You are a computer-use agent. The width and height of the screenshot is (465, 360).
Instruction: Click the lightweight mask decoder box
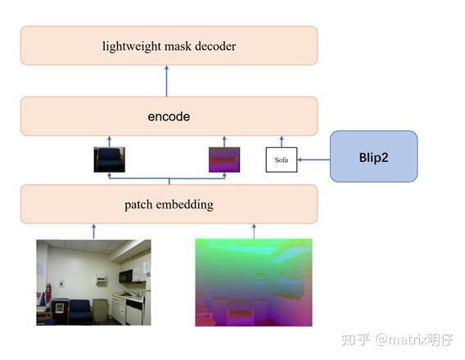[169, 46]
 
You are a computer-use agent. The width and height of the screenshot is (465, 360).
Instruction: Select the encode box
[169, 116]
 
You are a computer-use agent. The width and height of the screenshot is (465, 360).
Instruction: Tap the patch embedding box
[169, 205]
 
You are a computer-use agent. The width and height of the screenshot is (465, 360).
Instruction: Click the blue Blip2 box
[373, 156]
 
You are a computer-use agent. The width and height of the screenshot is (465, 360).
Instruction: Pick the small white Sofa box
[282, 160]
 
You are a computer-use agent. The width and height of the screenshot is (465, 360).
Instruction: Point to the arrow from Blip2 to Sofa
[314, 160]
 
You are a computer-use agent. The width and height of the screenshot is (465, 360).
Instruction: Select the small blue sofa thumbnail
[110, 160]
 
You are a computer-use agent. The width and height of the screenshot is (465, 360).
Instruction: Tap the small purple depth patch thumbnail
[224, 160]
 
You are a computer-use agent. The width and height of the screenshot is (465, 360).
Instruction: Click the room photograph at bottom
[93, 281]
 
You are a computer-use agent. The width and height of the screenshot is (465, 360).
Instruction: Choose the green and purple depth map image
[254, 281]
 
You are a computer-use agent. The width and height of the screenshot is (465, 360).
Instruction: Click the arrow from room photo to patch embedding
[93, 232]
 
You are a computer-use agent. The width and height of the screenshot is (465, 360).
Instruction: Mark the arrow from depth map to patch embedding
[254, 232]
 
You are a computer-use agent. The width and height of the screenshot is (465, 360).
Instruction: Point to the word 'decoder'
[214, 46]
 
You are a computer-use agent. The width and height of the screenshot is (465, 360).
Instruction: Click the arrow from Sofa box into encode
[282, 142]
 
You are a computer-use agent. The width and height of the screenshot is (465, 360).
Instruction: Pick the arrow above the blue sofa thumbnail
[110, 142]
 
